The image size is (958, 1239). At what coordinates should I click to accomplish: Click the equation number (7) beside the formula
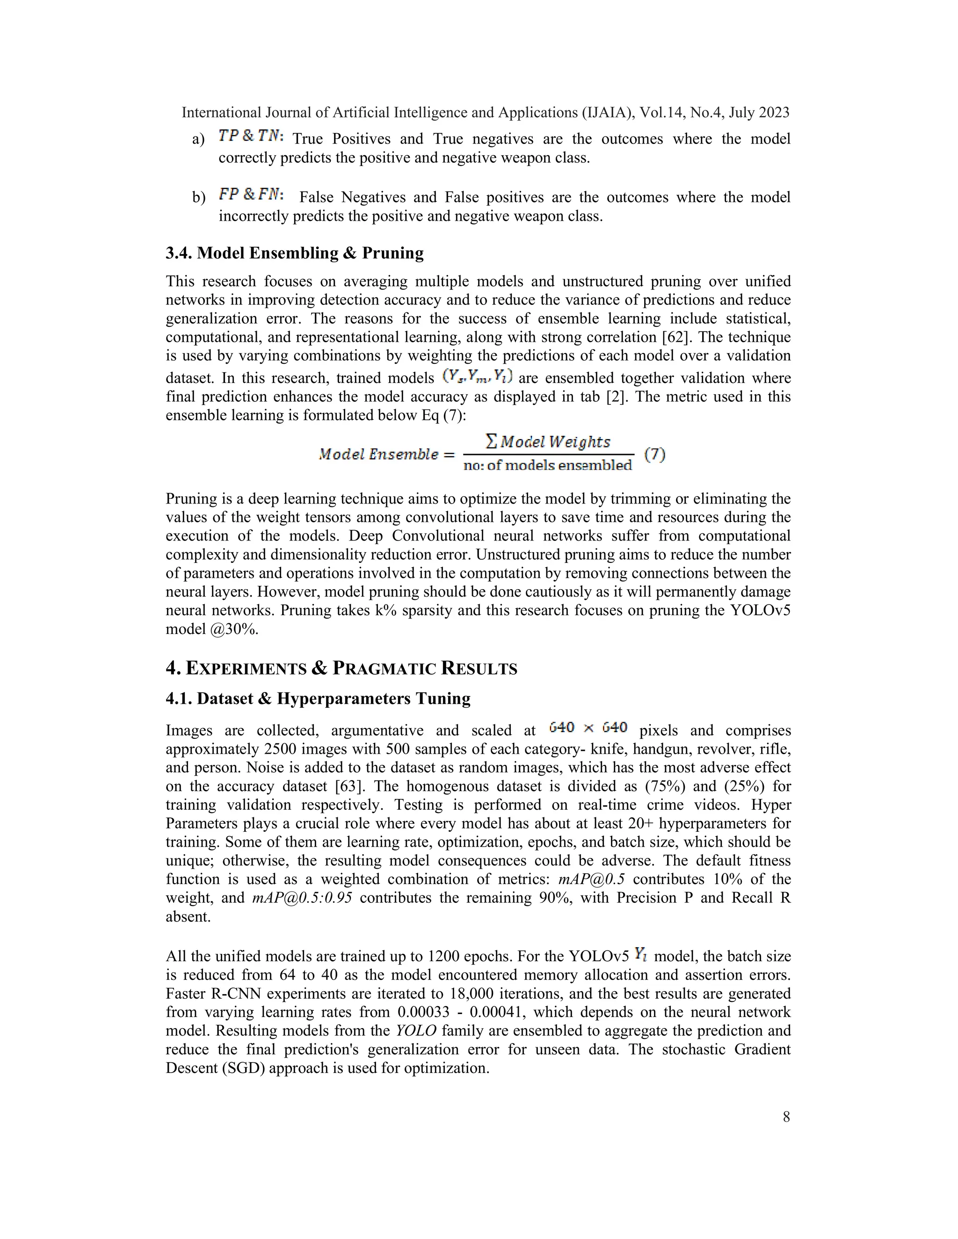[x=654, y=454]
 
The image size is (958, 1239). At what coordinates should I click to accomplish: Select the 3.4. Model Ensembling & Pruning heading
[x=295, y=253]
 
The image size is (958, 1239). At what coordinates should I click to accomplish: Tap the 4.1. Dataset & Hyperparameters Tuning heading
[x=318, y=699]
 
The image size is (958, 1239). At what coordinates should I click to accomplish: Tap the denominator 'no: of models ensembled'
[x=547, y=466]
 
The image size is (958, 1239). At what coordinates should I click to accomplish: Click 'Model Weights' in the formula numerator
[x=555, y=441]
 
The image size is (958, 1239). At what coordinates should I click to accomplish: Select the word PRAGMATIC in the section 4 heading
[x=384, y=669]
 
